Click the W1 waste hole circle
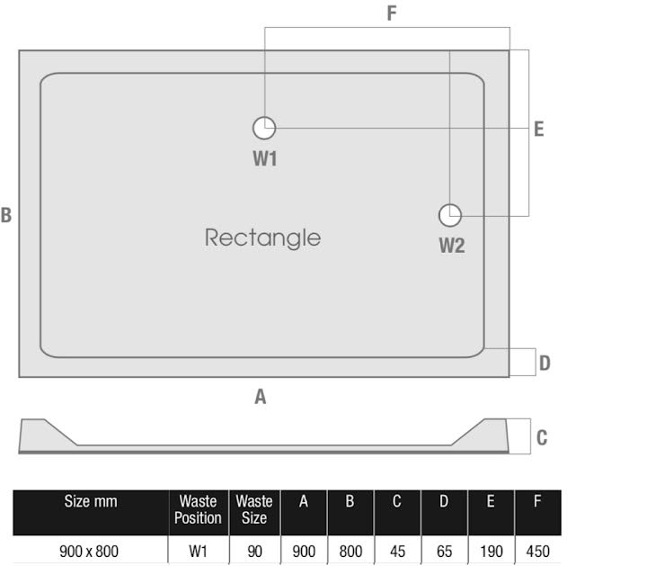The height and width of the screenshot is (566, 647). pos(264,128)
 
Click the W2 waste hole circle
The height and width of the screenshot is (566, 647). pos(450,215)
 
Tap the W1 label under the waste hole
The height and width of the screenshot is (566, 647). pos(264,159)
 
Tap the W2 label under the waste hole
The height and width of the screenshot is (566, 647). pos(451,245)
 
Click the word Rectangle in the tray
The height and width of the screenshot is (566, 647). pos(262,238)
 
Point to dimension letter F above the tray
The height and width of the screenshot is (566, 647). pos(391,13)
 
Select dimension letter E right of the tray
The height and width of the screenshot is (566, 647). pos(538,130)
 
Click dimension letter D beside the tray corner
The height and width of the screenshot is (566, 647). pos(545,364)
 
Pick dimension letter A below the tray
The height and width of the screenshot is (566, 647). pos(261,396)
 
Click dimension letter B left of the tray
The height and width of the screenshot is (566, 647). pos(6,216)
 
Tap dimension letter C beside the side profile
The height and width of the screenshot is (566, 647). pos(542,438)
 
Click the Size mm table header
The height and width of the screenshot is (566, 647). pos(90,502)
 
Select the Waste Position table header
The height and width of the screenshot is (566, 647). pos(198,509)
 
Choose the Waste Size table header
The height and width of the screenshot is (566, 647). pos(254,509)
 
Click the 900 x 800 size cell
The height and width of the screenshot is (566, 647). pos(89,551)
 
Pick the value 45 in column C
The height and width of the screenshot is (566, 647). pos(396,551)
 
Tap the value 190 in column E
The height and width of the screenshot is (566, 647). pos(490,551)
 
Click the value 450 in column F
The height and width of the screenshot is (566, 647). pos(536,551)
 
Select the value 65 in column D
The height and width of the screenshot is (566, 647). pos(443,551)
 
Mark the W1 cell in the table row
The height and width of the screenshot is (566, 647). pos(198,551)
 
